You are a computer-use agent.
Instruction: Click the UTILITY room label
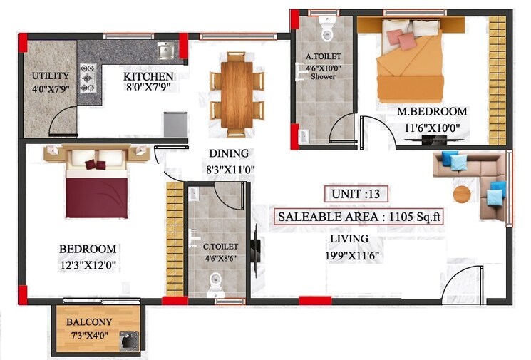[50, 76]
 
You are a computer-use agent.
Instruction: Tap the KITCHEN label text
[148, 76]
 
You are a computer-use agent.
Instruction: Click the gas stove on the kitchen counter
[88, 78]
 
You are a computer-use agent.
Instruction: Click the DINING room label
[228, 153]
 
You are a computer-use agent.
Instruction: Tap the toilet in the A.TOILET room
[327, 29]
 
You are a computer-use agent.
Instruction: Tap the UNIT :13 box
[359, 194]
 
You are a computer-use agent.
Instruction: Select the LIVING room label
[349, 239]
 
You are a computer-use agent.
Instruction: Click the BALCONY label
[88, 322]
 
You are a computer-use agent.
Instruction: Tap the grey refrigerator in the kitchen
[174, 124]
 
